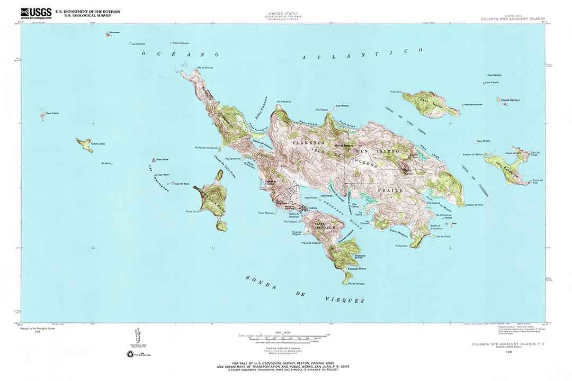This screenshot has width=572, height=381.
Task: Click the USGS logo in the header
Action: (x=36, y=13)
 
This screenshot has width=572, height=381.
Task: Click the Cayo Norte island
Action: (x=430, y=104)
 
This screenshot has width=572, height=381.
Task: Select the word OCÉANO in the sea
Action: (x=181, y=54)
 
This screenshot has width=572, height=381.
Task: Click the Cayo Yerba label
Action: (x=162, y=159)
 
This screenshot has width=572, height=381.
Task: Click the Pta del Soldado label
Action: (x=356, y=284)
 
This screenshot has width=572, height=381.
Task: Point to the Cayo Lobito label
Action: (x=52, y=113)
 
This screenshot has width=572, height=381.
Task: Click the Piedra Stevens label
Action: (x=180, y=42)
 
